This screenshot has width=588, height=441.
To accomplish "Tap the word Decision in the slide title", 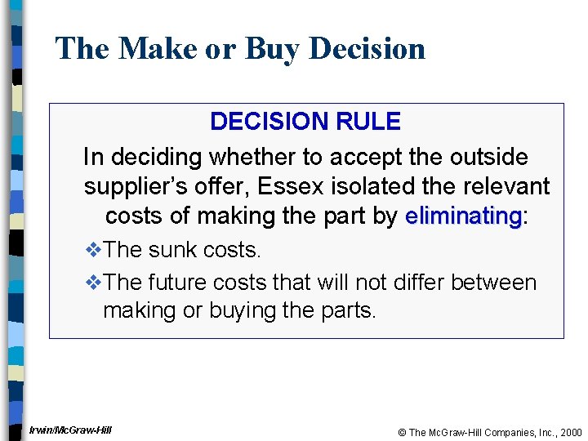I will click(367, 49).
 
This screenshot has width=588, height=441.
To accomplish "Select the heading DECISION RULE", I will click(305, 122).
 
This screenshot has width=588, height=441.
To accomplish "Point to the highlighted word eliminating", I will click(463, 216).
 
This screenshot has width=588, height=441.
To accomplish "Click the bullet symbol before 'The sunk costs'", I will click(94, 250).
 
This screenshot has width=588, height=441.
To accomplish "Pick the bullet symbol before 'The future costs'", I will click(94, 283).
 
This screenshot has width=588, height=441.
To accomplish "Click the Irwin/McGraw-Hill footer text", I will click(70, 430).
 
